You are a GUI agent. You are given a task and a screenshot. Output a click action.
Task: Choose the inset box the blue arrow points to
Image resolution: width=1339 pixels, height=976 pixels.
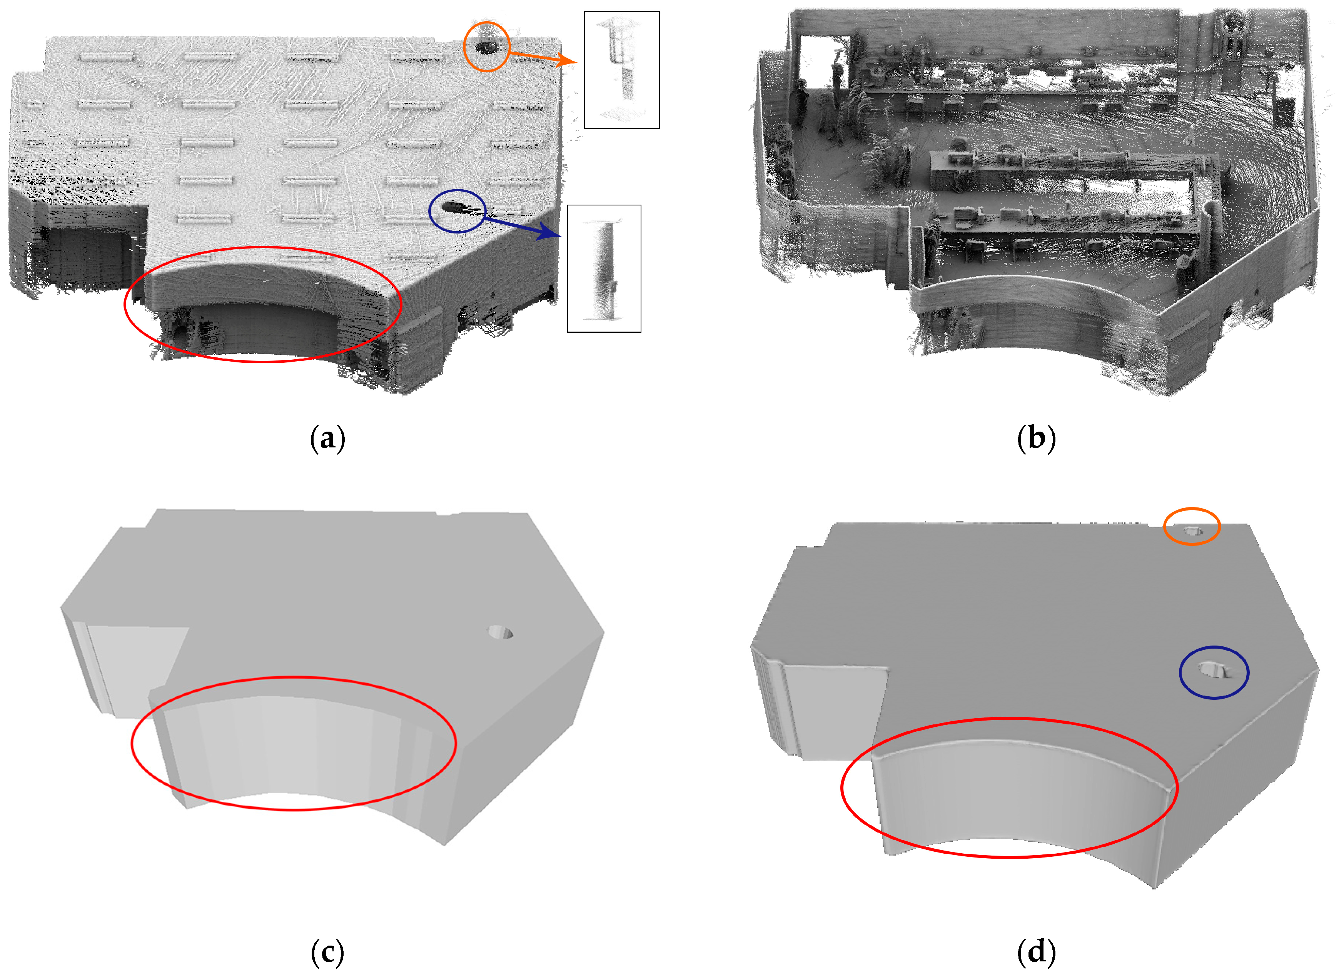coord(604,269)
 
